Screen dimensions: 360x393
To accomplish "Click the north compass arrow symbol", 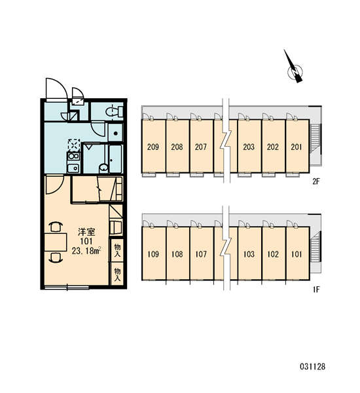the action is coord(294,68).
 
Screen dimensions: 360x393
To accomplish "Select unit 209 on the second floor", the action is coord(153,146).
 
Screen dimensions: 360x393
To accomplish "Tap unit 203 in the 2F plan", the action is coord(249,146).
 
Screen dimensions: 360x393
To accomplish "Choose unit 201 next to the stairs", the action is coord(297,146).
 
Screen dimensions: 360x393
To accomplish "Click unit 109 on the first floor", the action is coord(153,253).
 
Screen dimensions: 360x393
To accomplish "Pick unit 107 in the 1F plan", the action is coord(201,253).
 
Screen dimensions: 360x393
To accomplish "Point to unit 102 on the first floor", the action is coord(273,253).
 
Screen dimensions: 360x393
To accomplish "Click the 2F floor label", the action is coord(316,181).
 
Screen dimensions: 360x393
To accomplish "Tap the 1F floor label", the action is coord(316,290).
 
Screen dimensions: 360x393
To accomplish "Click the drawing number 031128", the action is coord(313,367).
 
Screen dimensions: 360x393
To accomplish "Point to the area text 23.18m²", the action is coord(86,250).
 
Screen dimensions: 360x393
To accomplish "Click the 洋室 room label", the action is coord(86,232).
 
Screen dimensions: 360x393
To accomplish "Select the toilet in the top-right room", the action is coord(115,111).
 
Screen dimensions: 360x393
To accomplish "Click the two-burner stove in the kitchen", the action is coord(73,157).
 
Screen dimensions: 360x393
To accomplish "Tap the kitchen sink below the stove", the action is coord(73,168).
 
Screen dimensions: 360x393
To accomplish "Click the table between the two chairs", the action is coord(56,242).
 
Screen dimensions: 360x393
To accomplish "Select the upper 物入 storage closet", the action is coord(117,250).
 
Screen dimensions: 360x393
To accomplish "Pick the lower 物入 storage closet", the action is coord(117,274).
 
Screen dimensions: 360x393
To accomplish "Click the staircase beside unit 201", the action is coord(315,139).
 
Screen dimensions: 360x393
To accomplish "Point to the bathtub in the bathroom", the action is coord(115,159).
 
